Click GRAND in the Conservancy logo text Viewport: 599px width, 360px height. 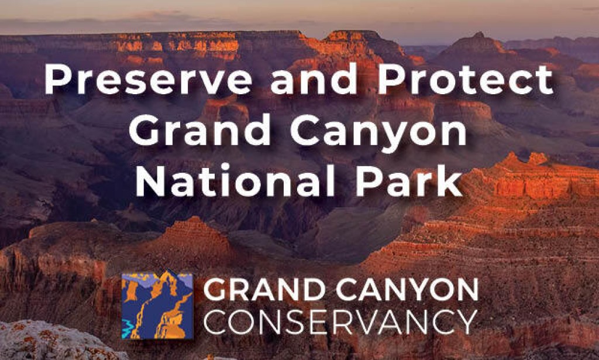264,289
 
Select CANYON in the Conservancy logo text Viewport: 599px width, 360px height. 407,289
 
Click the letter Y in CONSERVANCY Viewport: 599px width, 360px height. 467,322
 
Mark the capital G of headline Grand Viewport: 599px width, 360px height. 144,131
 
